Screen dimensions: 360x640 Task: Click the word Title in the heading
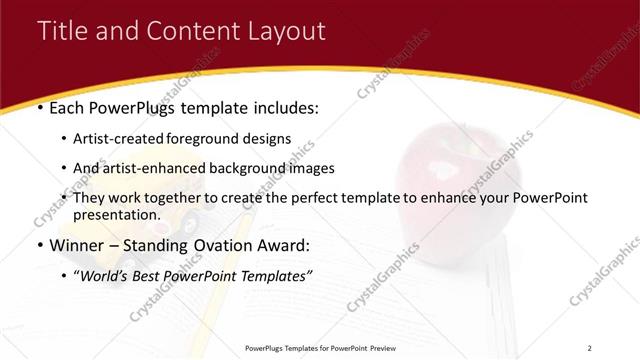(x=62, y=31)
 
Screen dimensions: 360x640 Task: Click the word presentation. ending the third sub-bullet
(x=116, y=214)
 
